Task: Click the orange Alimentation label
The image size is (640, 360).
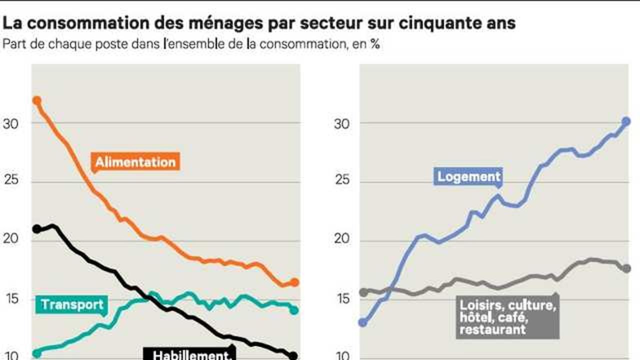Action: (x=135, y=162)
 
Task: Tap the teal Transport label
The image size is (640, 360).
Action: (x=71, y=304)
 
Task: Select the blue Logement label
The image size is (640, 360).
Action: (x=468, y=176)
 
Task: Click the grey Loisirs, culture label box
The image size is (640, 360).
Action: (x=507, y=317)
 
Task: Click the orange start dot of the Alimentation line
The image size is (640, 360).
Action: (x=37, y=100)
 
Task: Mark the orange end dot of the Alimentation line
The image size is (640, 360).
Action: (x=294, y=282)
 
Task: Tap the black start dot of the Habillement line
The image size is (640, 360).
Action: (x=37, y=229)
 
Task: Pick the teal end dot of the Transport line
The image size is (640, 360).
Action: (x=294, y=310)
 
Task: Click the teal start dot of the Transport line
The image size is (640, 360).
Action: (x=37, y=354)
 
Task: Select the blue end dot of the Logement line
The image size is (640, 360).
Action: (x=626, y=121)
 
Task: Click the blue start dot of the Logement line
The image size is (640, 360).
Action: (x=363, y=323)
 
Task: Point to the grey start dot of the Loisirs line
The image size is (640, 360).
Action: (x=363, y=292)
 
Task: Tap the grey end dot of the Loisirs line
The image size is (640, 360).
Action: (x=626, y=268)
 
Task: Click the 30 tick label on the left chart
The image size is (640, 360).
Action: (x=10, y=124)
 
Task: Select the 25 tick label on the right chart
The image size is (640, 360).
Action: (x=341, y=179)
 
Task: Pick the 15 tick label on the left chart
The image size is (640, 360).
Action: (x=11, y=299)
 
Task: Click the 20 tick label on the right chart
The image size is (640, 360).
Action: (x=341, y=238)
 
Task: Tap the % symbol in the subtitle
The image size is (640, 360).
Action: (x=375, y=44)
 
